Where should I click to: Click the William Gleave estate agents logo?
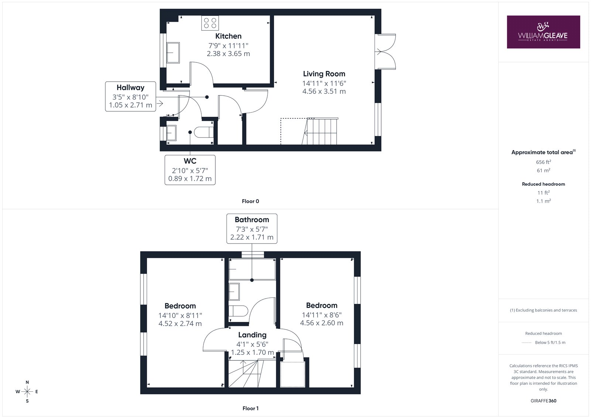[x=543, y=32]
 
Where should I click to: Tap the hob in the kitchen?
[x=210, y=23]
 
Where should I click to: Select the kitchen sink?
[x=173, y=52]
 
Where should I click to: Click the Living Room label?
[x=324, y=74]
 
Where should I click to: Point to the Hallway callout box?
[x=131, y=96]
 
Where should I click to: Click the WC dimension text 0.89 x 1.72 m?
[x=190, y=179]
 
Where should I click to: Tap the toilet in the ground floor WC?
[x=204, y=132]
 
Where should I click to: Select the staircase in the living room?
[x=320, y=131]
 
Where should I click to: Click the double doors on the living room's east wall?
[x=385, y=52]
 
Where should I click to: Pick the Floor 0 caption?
[x=250, y=201]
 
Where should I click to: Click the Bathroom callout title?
[x=252, y=220]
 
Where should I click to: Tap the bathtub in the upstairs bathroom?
[x=252, y=269]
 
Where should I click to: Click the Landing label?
[x=252, y=335]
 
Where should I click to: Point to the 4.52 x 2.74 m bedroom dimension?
[x=180, y=323]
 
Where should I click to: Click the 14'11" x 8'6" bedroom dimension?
[x=322, y=315]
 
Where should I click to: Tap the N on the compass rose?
[x=27, y=382]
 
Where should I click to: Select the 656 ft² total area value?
[x=543, y=162]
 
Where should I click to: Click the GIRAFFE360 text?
[x=543, y=401]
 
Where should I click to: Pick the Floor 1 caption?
[x=250, y=408]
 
